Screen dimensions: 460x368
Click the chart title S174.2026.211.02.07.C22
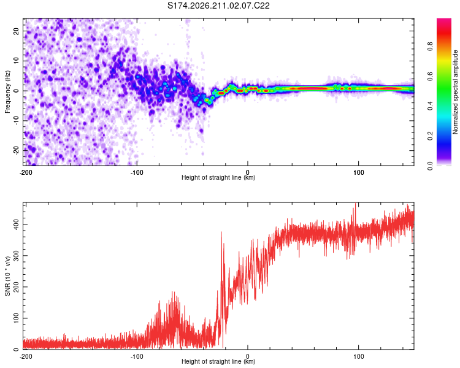click(x=218, y=6)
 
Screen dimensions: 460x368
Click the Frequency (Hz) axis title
click(x=7, y=92)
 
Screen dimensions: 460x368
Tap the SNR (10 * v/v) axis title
click(x=7, y=276)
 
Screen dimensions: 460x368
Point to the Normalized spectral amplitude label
click(x=455, y=92)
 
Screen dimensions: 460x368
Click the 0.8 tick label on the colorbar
click(x=430, y=46)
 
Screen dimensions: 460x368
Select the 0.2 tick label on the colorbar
click(x=430, y=136)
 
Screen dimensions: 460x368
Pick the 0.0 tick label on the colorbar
click(x=430, y=166)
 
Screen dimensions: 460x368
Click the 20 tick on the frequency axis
click(x=16, y=31)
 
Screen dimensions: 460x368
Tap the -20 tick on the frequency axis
click(x=16, y=150)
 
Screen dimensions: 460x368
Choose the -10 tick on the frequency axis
click(x=16, y=121)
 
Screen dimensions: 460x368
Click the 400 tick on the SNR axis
click(x=16, y=224)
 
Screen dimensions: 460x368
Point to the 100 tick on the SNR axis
click(x=16, y=318)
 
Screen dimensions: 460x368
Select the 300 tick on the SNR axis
click(x=16, y=256)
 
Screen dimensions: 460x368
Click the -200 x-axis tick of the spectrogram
click(x=26, y=172)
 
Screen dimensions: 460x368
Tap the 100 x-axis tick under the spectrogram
click(x=359, y=172)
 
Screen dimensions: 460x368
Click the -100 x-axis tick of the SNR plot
click(x=137, y=356)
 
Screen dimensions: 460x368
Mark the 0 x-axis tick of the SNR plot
click(x=248, y=356)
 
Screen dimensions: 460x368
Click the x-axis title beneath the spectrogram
click(x=218, y=177)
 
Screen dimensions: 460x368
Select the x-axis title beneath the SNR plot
click(x=218, y=361)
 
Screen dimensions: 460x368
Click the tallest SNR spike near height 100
click(x=356, y=204)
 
